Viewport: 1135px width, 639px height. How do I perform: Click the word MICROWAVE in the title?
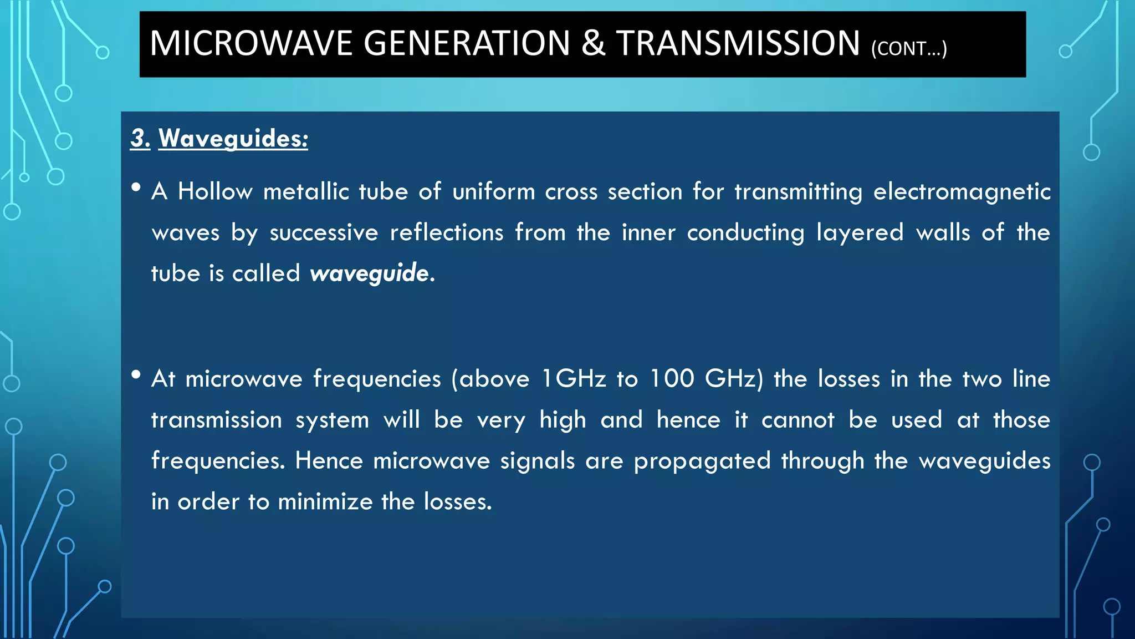point(251,43)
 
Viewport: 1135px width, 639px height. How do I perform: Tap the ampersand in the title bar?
point(594,43)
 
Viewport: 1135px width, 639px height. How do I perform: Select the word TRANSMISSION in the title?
point(738,43)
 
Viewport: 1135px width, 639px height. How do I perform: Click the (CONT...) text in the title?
point(909,49)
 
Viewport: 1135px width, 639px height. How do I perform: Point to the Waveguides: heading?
point(233,138)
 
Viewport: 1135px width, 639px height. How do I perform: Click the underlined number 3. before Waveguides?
point(140,138)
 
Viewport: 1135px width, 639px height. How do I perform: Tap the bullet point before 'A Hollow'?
point(136,187)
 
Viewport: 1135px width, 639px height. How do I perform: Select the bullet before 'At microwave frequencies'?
point(136,375)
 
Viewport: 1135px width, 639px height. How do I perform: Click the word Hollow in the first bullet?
point(215,191)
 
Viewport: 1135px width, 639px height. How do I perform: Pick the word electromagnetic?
point(962,191)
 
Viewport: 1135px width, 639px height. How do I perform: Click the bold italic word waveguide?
point(369,273)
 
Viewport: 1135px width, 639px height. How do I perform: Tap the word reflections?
point(447,232)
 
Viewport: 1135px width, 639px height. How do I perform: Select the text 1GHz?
point(574,379)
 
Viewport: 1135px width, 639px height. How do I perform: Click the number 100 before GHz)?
point(672,379)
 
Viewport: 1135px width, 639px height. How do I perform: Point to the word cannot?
point(797,420)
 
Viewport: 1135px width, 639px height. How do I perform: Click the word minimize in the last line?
point(325,502)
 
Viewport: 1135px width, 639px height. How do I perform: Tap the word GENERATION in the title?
point(467,43)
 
